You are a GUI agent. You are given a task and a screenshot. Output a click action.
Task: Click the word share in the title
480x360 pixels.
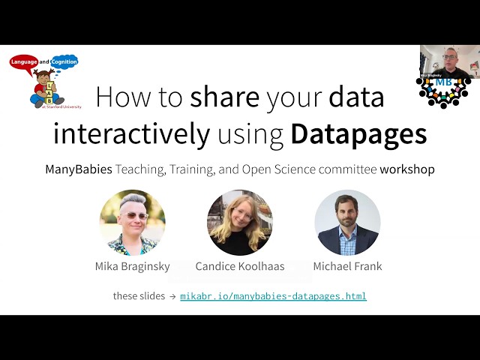click(225, 97)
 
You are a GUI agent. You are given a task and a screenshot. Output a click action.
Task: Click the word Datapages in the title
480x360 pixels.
click(358, 133)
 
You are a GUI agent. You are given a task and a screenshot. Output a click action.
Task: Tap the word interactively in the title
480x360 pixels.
click(131, 133)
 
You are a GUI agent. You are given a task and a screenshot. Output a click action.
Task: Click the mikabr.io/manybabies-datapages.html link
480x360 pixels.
click(273, 296)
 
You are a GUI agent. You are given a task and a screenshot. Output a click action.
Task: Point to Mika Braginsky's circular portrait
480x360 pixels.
click(132, 223)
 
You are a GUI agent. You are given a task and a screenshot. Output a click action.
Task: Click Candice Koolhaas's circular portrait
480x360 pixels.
click(240, 223)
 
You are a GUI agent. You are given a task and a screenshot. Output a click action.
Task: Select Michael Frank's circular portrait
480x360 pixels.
click(347, 223)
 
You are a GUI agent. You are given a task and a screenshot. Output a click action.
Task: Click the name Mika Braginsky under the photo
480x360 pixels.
click(132, 266)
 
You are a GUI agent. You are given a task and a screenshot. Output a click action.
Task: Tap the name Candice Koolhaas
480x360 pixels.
click(240, 266)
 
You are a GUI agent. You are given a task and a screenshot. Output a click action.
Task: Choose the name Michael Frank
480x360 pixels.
click(347, 266)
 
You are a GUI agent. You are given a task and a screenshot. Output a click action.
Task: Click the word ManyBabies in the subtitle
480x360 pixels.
click(79, 169)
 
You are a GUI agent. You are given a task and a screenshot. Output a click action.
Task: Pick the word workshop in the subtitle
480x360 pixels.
click(407, 169)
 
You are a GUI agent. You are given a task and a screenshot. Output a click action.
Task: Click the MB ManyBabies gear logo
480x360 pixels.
click(442, 90)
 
